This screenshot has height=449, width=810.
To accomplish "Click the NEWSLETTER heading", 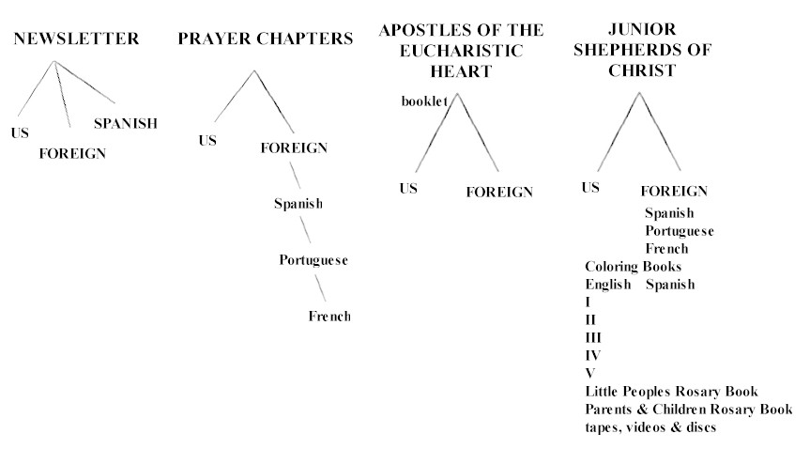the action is (x=76, y=39).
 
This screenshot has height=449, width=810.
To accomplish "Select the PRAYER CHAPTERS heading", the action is (x=266, y=39).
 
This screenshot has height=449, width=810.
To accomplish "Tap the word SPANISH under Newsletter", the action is (x=126, y=123).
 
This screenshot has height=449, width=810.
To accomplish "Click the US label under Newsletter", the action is (x=20, y=133).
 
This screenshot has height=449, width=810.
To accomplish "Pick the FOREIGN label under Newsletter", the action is (x=72, y=153).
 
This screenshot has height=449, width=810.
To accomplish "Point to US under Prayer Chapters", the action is (x=207, y=140).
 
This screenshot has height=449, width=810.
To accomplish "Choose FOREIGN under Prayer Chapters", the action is (x=294, y=147).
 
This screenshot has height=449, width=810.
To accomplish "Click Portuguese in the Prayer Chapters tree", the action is (x=313, y=259).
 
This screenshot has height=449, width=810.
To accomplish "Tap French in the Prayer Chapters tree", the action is (x=329, y=316).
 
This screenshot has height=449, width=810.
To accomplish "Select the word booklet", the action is (x=424, y=101).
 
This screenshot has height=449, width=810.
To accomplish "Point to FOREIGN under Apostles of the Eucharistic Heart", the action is (x=499, y=192).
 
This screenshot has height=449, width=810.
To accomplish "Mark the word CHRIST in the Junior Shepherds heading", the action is (x=642, y=70).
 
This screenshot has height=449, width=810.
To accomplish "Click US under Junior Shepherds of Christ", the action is (x=590, y=187).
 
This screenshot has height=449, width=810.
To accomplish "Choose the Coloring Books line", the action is (x=634, y=267).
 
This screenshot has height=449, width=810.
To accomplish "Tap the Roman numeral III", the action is (x=593, y=337).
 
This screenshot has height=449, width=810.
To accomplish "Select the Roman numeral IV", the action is (x=593, y=355).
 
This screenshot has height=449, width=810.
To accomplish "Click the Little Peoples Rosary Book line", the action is (x=671, y=391).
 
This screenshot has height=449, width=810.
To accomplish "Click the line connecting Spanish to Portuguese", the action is (x=305, y=230).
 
